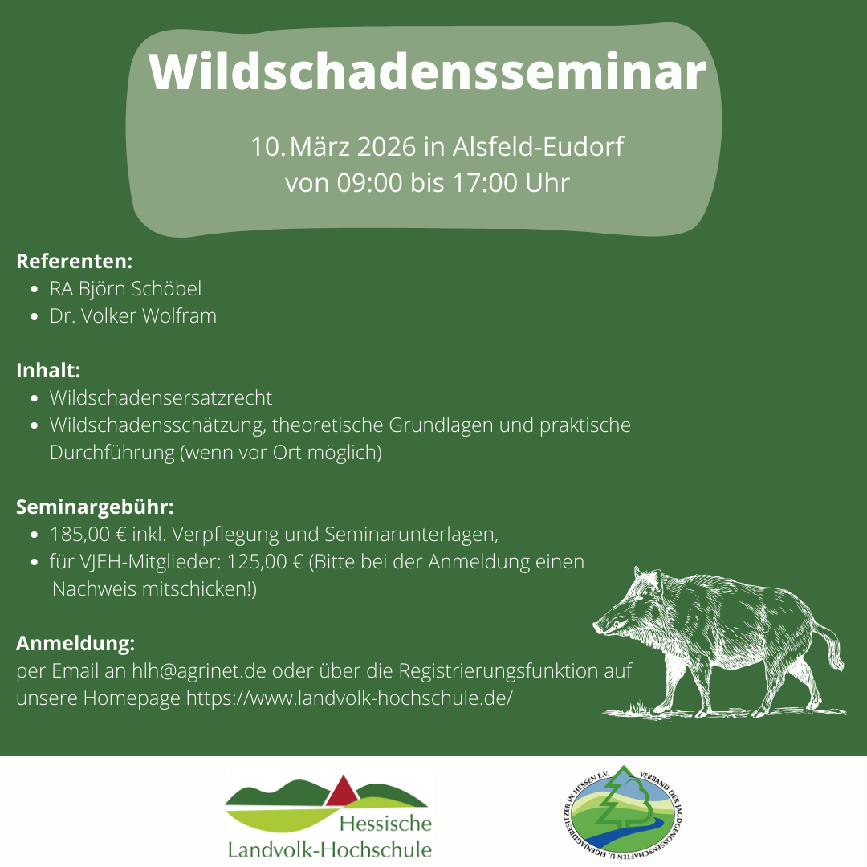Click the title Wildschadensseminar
(427, 72)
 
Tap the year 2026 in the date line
(386, 147)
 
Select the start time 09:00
(369, 184)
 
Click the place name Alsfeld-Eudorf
(538, 147)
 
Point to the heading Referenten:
(75, 262)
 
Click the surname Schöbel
(166, 289)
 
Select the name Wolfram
(179, 316)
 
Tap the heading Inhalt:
(49, 370)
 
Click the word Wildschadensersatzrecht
(161, 398)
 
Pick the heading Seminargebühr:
(95, 507)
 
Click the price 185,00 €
(88, 535)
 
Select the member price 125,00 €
(266, 562)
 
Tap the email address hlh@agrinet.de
(199, 670)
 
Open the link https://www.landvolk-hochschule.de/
(349, 698)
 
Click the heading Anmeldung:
(75, 644)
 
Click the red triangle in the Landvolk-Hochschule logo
(343, 792)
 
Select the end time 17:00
(485, 184)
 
